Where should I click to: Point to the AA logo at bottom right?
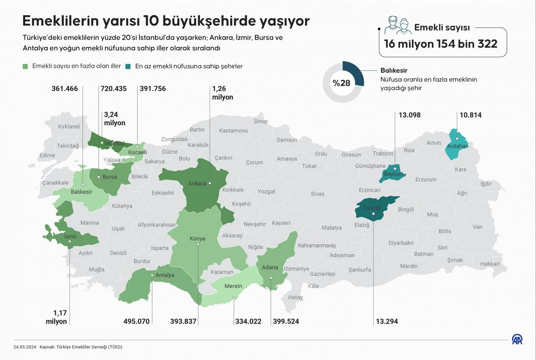pyautogui.click(x=517, y=339)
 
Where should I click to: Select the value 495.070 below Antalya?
pyautogui.click(x=137, y=321)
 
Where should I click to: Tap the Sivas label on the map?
pyautogui.click(x=317, y=194)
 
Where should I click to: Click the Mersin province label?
pyautogui.click(x=233, y=286)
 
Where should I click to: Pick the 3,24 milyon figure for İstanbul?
pyautogui.click(x=115, y=119)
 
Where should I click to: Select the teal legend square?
pyautogui.click(x=128, y=66)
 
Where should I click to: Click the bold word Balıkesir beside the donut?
pyautogui.click(x=394, y=70)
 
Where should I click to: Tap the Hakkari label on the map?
pyautogui.click(x=490, y=264)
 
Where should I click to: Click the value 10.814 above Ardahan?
pyautogui.click(x=470, y=115)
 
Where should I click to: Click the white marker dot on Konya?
pyautogui.click(x=198, y=244)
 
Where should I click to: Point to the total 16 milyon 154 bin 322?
pyautogui.click(x=441, y=44)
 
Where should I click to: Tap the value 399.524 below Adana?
pyautogui.click(x=286, y=321)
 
